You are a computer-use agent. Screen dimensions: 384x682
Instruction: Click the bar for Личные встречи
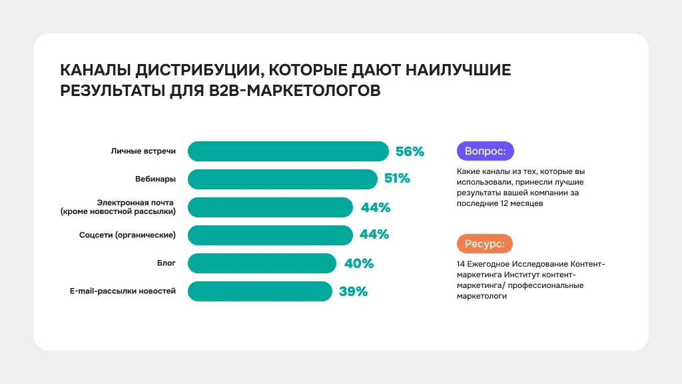[288, 151]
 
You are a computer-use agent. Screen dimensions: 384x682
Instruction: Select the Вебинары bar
[282, 179]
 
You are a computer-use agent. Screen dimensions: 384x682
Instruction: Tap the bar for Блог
[262, 263]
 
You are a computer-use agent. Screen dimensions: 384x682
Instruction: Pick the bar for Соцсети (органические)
[270, 235]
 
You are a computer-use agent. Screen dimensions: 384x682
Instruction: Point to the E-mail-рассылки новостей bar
[260, 291]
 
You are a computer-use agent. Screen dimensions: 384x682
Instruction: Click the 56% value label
[410, 151]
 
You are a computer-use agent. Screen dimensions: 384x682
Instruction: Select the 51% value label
[397, 179]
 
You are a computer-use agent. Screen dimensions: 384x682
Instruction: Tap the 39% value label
[353, 291]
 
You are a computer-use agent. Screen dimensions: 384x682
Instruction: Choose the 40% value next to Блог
[359, 263]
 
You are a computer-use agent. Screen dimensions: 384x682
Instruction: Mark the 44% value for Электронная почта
[376, 207]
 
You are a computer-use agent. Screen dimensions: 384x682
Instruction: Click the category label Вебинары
[155, 179]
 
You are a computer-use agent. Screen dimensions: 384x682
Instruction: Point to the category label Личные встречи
[143, 151]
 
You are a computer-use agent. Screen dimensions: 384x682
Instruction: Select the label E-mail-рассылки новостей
[123, 291]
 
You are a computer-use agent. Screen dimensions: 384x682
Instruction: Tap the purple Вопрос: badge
[485, 151]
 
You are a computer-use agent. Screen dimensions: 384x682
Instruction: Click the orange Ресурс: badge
[484, 244]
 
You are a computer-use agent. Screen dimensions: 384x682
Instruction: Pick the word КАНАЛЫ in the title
[95, 71]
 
